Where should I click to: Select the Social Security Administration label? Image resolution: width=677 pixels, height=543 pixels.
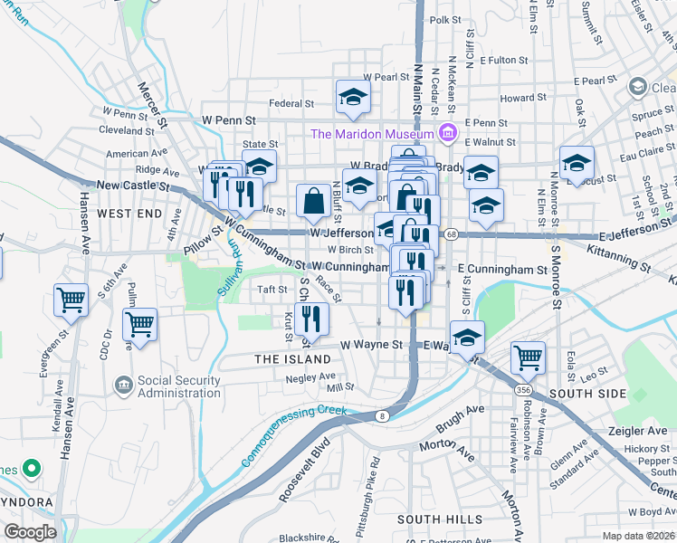(180, 386)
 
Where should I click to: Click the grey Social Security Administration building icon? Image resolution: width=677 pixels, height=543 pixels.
(122, 386)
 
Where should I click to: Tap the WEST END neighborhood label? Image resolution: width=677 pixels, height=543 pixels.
(129, 214)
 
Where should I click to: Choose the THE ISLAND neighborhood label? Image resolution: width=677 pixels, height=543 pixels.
(292, 359)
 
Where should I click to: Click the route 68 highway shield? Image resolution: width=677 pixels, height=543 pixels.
(451, 235)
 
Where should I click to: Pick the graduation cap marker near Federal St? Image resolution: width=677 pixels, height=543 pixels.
(353, 98)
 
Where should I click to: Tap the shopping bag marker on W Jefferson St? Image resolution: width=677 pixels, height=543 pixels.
(313, 202)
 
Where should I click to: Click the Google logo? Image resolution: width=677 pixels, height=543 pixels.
(31, 532)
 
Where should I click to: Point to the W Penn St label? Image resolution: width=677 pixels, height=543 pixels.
(229, 119)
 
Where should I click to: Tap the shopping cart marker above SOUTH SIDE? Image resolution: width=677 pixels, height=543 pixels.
(528, 357)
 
